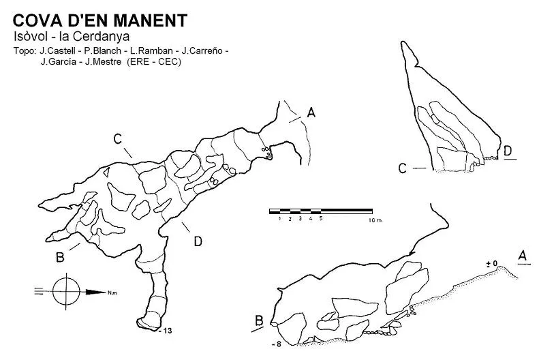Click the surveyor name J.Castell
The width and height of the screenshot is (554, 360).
57,51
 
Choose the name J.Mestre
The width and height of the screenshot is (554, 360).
103,62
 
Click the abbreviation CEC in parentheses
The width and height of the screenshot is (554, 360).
168,62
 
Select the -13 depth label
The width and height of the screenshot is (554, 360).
166,331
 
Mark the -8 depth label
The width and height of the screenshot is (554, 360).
277,344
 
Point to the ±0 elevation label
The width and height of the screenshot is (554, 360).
492,263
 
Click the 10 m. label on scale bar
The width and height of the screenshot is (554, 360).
375,220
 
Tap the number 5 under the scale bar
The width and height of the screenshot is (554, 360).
321,219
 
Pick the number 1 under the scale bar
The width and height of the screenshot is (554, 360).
279,219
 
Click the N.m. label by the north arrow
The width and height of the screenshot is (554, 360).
112,292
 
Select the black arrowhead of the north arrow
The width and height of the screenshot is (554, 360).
96,292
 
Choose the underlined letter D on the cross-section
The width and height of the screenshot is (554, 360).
508,151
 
